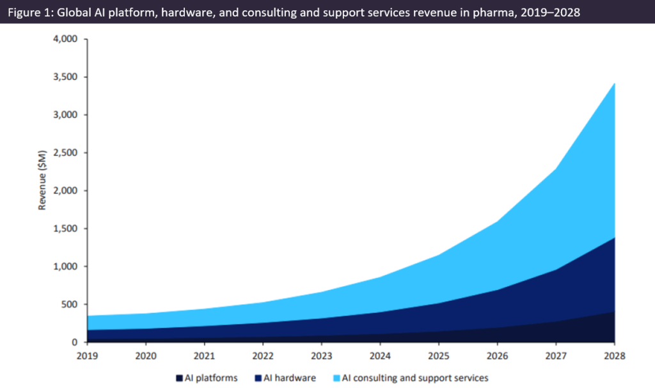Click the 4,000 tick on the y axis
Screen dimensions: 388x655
coord(64,40)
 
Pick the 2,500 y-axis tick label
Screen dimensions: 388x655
coord(64,153)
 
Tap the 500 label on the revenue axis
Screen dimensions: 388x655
coord(68,305)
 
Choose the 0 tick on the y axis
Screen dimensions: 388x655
coord(74,343)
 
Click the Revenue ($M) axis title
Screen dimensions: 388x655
coord(43,190)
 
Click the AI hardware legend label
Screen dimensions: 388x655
coord(288,378)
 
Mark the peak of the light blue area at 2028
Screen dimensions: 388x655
coord(615,83)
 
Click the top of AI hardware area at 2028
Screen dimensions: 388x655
coord(615,238)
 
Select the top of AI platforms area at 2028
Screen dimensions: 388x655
coord(615,311)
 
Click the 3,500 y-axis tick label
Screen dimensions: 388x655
coord(64,77)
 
